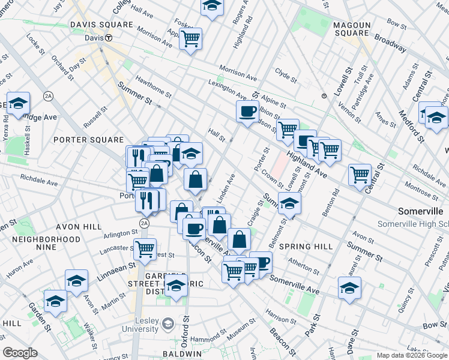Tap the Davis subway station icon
click(109, 38)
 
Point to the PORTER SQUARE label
click(88, 140)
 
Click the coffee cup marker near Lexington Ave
click(247, 111)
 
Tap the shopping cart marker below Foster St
click(190, 39)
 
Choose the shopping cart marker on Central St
click(360, 175)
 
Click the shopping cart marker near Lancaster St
click(145, 249)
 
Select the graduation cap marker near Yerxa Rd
click(19, 104)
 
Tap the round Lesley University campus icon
click(169, 325)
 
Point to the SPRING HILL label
click(306, 247)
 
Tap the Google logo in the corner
click(20, 352)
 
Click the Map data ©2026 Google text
click(411, 355)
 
